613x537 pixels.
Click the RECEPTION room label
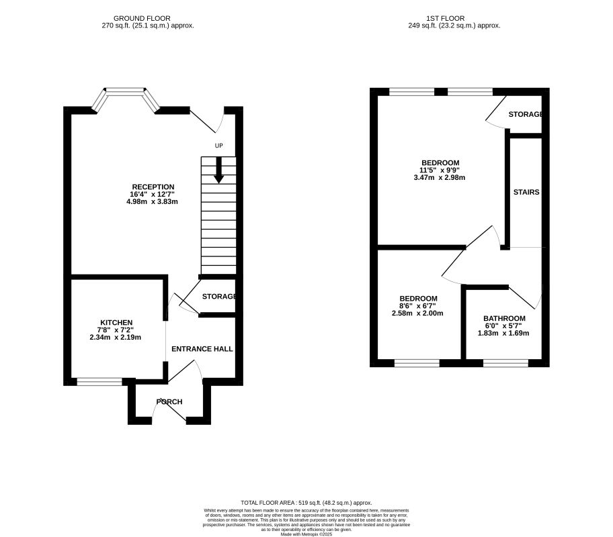coord(153,187)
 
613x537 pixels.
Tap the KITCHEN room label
coord(116,323)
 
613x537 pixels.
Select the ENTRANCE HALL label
coord(202,349)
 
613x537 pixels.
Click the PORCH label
coord(169,402)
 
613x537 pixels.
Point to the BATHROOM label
coord(504,318)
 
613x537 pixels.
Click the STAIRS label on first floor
coord(526,192)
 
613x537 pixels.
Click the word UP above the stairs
coord(218,146)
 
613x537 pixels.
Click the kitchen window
coord(99,382)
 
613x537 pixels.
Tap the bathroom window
coord(505,363)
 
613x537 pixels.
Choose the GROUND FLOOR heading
coord(142,18)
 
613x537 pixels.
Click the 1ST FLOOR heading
coord(464,18)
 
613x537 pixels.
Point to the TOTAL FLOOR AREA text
coord(306,503)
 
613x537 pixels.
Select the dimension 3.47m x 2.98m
coord(440,178)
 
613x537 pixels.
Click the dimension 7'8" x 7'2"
coord(116,330)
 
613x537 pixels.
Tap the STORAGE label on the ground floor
coord(219,297)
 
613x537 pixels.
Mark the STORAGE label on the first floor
coord(525,115)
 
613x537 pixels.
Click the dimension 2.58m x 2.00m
coord(418,313)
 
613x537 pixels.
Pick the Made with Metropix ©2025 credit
coord(306,534)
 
